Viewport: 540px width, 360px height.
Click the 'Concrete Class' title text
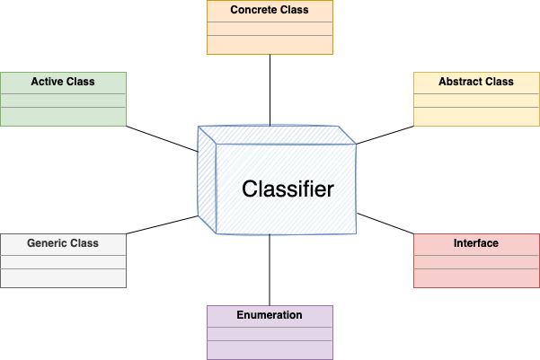pos(270,11)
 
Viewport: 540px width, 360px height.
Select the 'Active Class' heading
pos(63,82)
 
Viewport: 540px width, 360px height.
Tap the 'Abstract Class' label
pos(476,82)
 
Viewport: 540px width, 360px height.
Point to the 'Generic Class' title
pos(63,243)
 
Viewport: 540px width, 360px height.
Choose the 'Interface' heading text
pos(476,243)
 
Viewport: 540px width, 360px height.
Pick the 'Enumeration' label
pos(270,315)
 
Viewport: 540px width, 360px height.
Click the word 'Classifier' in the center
pos(288,189)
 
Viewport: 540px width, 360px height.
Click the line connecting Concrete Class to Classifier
pos(270,90)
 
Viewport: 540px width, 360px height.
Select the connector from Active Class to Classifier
pos(162,139)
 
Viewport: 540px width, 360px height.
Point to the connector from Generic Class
pos(162,224)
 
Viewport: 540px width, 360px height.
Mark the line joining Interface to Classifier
pos(386,224)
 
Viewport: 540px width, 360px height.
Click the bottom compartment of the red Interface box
pos(476,277)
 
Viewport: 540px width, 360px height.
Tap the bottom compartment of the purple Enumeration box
pos(270,349)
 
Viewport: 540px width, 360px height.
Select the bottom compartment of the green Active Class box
pos(63,117)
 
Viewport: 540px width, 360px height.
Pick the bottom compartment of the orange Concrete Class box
pos(270,45)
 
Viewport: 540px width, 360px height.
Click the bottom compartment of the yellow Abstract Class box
pos(476,117)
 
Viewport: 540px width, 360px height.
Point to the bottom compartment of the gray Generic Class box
pos(63,277)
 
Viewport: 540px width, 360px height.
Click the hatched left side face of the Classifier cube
pos(207,180)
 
